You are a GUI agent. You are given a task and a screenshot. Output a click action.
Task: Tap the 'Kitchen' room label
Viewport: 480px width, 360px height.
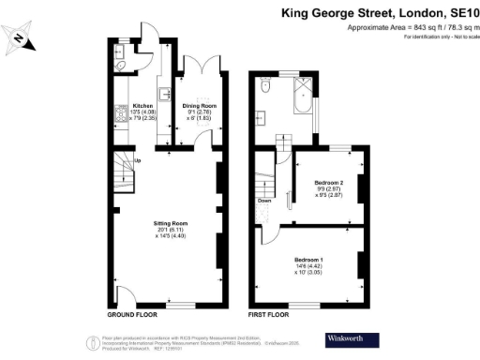(142, 106)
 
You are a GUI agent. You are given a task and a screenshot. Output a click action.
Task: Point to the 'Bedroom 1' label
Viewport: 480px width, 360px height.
(308, 258)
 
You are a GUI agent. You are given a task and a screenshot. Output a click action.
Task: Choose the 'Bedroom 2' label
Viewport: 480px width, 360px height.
(329, 181)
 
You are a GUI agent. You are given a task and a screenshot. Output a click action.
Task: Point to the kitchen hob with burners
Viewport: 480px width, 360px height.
(120, 117)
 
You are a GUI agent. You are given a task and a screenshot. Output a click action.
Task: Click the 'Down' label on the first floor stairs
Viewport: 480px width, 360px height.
(265, 200)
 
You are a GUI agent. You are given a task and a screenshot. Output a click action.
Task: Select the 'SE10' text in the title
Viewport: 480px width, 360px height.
(459, 13)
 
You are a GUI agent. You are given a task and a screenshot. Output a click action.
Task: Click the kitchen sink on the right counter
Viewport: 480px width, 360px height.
(165, 94)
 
